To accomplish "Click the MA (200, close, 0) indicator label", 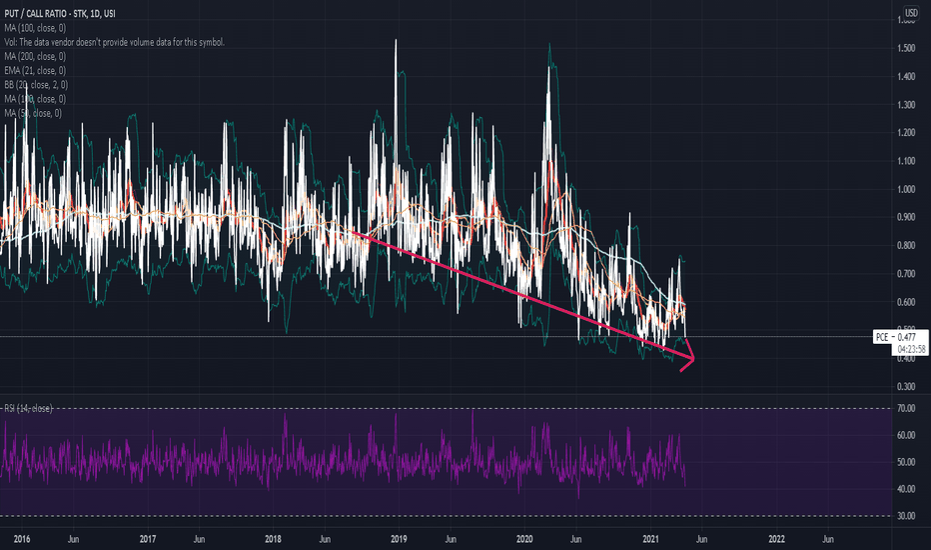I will pos(35,56).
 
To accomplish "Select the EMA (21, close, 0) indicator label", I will pos(36,70).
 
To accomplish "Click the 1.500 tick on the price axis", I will pos(908,49).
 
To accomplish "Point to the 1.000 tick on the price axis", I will pos(908,189).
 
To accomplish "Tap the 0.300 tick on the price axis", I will pos(908,386).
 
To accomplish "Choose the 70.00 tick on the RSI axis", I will pos(908,409).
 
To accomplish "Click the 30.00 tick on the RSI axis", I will pos(908,515).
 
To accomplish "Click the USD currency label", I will pos(911,13).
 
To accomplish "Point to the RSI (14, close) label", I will pos(29,409).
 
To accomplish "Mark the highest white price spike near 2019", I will pos(397,40).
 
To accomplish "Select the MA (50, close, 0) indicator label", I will pos(33,113).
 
